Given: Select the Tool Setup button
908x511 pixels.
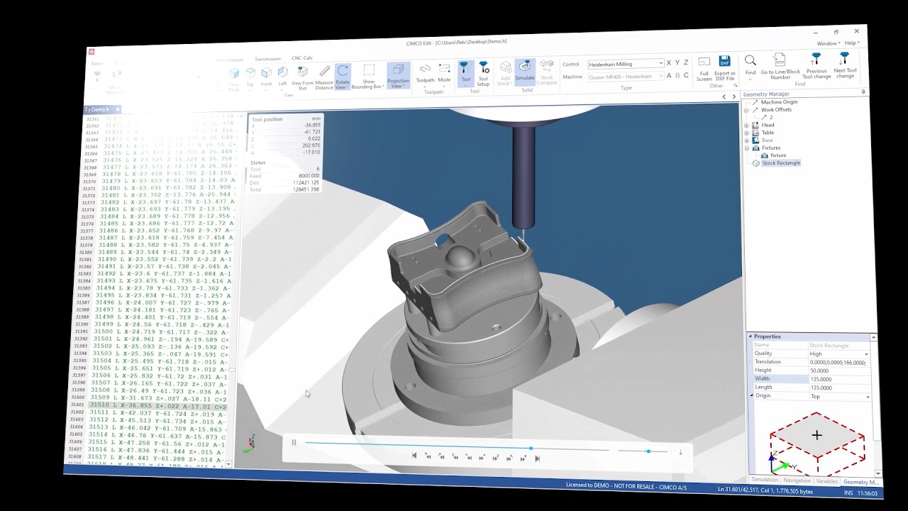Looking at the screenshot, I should [483, 72].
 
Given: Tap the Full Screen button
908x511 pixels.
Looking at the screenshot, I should [704, 67].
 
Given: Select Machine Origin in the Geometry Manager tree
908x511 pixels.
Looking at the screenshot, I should [779, 102].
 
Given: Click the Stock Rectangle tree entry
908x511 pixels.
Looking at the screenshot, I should [780, 163].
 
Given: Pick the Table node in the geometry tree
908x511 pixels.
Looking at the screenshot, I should [768, 133].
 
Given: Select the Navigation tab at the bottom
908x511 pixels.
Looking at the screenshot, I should [797, 480].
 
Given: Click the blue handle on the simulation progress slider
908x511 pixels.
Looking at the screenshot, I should [531, 448].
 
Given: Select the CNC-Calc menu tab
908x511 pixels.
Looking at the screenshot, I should [302, 58].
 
